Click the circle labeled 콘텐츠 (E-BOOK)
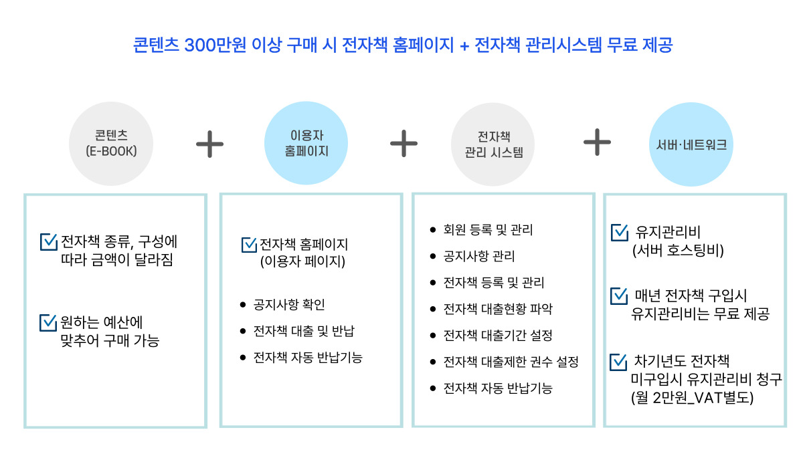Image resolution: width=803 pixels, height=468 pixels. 112,143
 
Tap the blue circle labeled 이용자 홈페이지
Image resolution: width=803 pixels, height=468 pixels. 306,143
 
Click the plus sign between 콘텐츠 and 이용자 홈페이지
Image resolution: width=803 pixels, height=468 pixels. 209,144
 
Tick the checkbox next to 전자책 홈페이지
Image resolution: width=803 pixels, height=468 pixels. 249,245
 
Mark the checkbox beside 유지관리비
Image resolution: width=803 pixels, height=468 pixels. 619,233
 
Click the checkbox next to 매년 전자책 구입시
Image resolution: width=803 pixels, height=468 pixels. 619,295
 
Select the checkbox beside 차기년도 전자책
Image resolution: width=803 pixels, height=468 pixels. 619,362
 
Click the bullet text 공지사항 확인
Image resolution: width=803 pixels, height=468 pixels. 289,305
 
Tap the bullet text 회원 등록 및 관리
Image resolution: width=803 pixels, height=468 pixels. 488,231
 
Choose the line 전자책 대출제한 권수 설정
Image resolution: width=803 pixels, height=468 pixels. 511,362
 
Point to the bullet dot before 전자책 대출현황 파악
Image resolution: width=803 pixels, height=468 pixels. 433,308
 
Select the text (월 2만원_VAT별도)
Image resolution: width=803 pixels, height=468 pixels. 692,398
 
